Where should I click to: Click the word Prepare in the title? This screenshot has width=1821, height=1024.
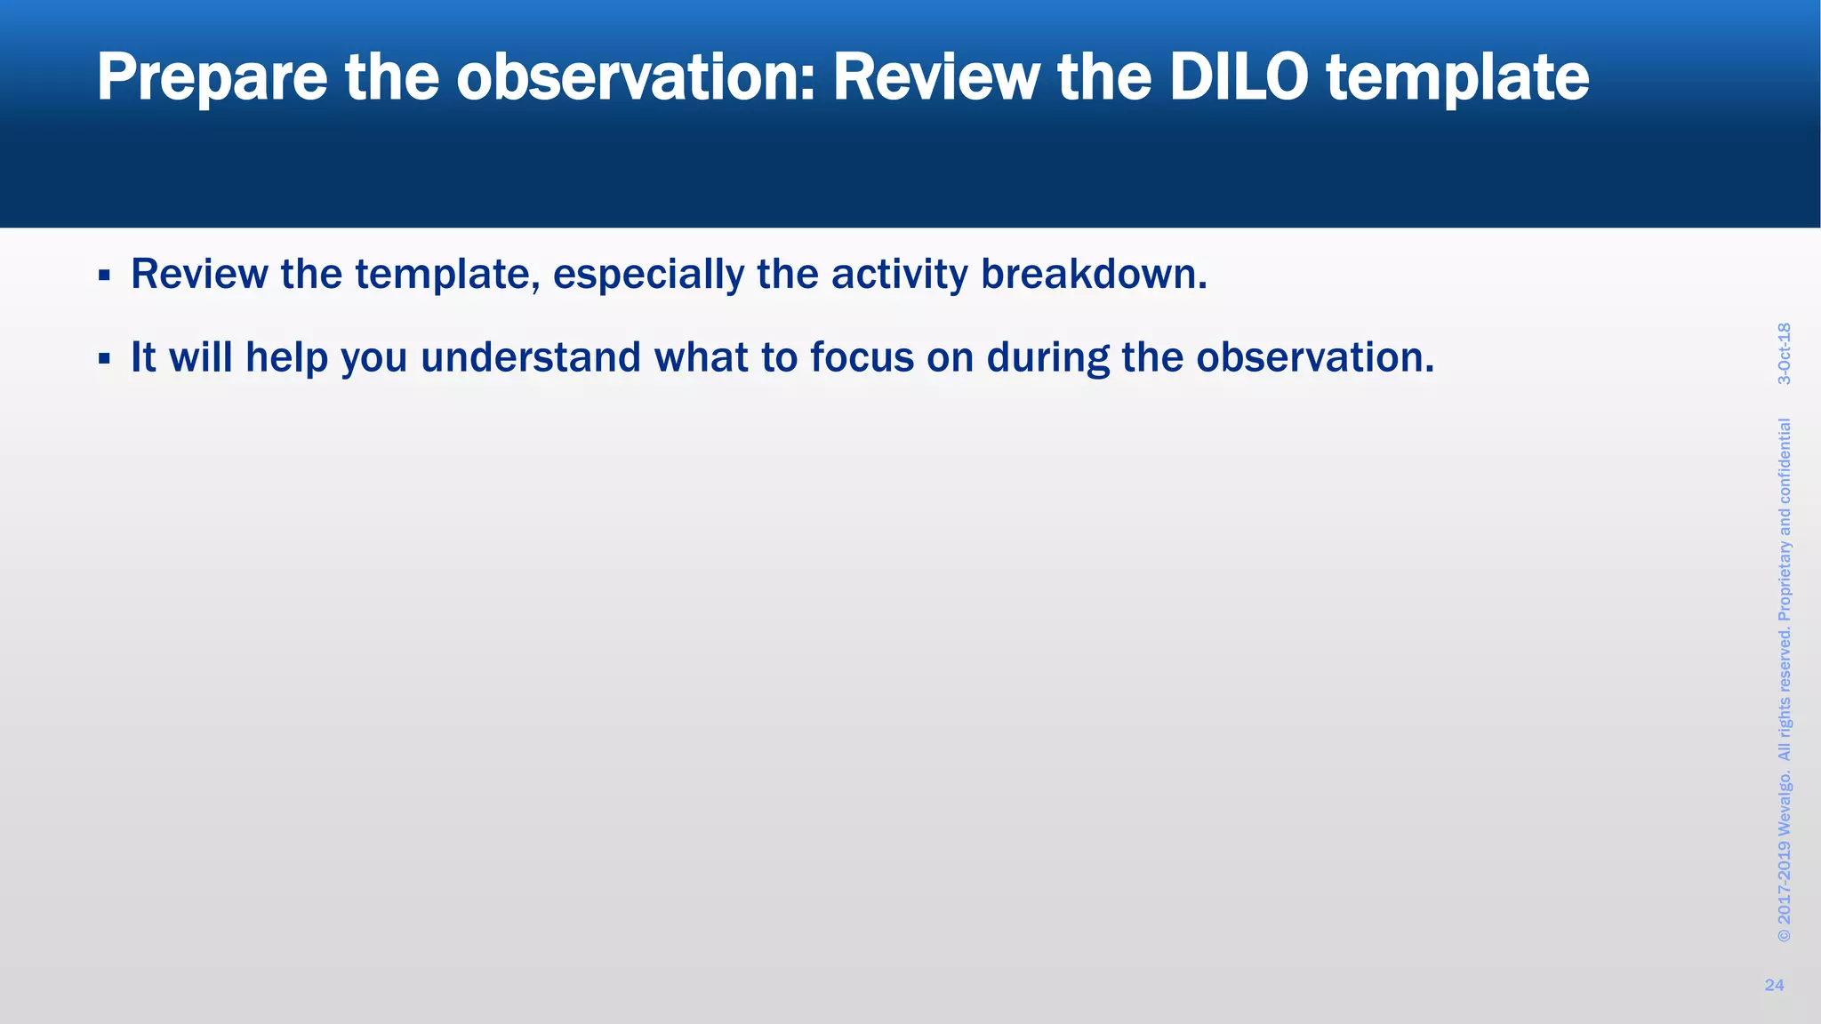click(x=212, y=78)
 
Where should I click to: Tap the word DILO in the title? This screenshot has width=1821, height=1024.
click(x=1238, y=78)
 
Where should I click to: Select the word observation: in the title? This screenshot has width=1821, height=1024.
click(x=636, y=78)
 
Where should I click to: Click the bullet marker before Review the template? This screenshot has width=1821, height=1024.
click(x=104, y=276)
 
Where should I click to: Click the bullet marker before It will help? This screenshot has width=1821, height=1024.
click(x=104, y=359)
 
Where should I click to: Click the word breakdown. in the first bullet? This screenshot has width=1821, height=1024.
click(x=1094, y=274)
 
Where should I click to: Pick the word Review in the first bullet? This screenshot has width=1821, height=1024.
click(x=198, y=274)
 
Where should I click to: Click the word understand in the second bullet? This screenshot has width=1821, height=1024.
click(x=530, y=357)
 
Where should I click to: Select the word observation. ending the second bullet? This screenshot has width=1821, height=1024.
click(x=1315, y=357)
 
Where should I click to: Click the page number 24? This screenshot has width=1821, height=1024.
click(x=1774, y=985)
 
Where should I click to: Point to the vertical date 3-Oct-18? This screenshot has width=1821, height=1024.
click(x=1784, y=354)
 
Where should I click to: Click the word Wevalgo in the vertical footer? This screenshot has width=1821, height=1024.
click(x=1784, y=805)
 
